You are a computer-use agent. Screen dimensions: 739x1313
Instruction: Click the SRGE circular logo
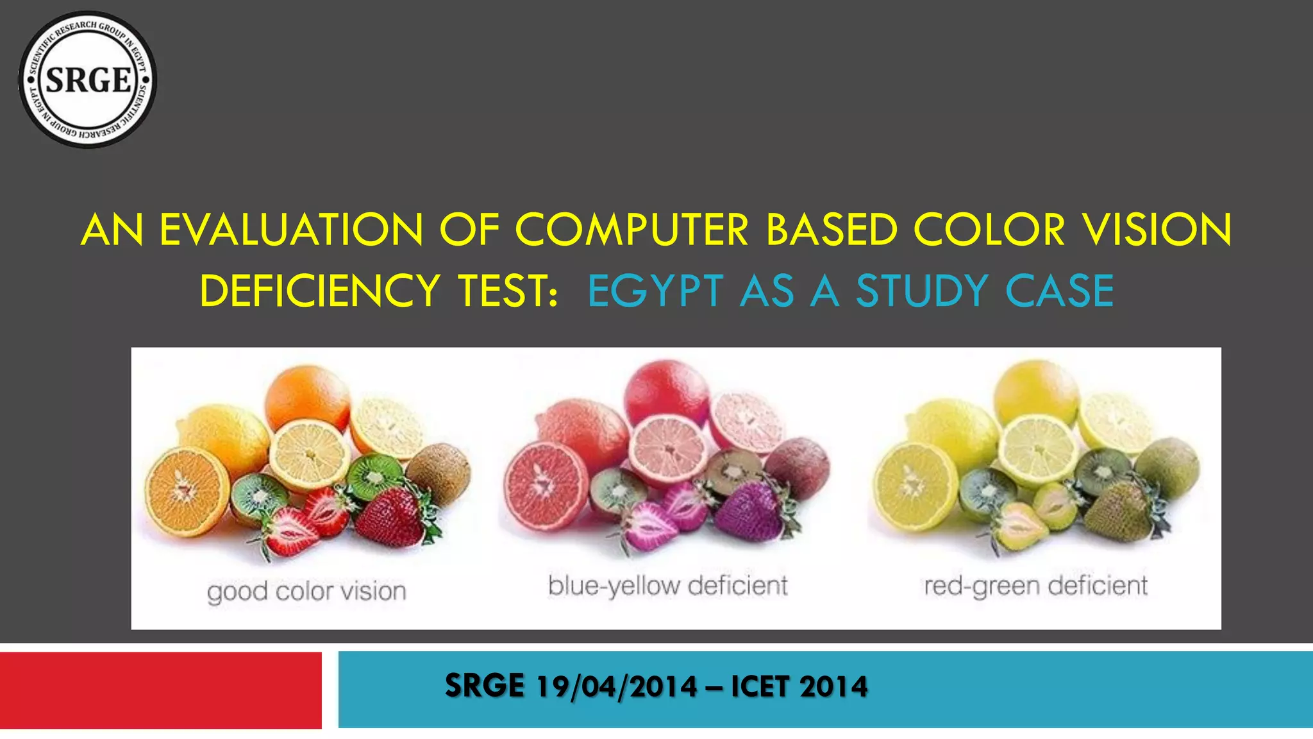click(88, 80)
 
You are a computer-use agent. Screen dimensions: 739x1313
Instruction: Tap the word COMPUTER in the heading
click(631, 230)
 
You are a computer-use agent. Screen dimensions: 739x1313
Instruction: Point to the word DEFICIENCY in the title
click(319, 291)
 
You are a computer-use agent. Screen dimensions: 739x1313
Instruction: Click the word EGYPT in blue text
click(655, 291)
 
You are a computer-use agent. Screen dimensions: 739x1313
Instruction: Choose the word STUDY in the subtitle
click(922, 291)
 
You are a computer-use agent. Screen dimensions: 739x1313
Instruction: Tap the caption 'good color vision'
click(306, 591)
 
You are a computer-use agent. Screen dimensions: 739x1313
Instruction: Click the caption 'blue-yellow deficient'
click(667, 586)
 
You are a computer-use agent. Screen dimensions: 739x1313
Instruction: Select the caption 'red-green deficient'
click(1035, 586)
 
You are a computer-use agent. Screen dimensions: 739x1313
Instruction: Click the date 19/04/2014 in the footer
click(616, 686)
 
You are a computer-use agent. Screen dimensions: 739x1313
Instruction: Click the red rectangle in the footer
click(160, 690)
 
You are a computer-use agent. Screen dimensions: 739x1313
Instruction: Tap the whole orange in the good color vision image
click(307, 398)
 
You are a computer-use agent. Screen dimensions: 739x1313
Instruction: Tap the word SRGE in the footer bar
click(485, 686)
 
